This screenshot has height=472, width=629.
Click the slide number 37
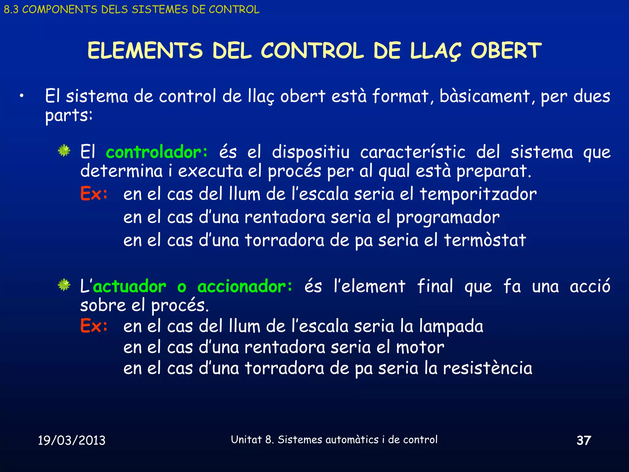click(584, 440)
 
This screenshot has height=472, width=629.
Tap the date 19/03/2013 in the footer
click(72, 440)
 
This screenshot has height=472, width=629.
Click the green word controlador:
click(157, 152)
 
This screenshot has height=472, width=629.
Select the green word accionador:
click(245, 286)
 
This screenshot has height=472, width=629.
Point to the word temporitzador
click(478, 194)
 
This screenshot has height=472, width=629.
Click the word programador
click(448, 218)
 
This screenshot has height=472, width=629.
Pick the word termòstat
click(485, 240)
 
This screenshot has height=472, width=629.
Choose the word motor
click(420, 348)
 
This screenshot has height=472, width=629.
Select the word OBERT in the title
click(506, 51)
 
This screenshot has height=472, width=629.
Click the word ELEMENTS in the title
click(145, 51)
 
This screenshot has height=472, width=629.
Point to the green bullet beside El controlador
click(64, 151)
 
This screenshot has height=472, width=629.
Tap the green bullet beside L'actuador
click(64, 285)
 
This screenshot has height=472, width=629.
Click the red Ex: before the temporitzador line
click(94, 194)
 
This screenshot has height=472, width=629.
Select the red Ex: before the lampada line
click(94, 326)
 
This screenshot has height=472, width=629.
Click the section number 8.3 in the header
click(11, 10)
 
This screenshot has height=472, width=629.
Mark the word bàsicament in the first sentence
click(485, 96)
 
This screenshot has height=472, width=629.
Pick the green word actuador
click(130, 286)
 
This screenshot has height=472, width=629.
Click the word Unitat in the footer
click(246, 440)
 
